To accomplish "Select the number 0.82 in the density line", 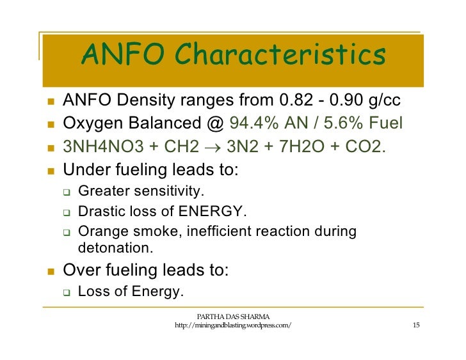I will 298,102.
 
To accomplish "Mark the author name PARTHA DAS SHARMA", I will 233,317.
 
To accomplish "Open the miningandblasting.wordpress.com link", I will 233,327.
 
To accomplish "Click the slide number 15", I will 416,327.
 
